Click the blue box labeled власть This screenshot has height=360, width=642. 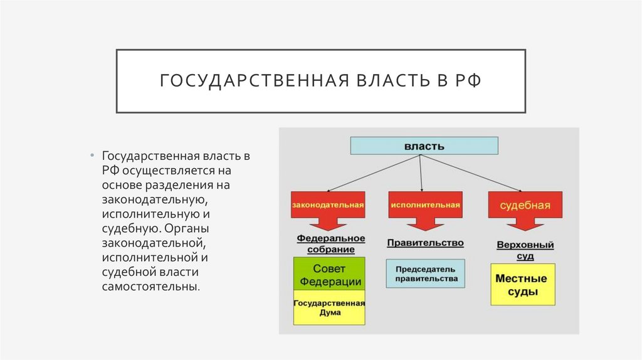pos(424,146)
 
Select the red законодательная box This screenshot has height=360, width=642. pos(328,205)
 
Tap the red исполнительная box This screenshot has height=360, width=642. pos(425,205)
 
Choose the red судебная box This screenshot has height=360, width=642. pos(525,205)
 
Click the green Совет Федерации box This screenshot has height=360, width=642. pos(329,274)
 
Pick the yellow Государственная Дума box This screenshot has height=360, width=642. pos(329,307)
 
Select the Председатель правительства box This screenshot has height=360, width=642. pos(425,273)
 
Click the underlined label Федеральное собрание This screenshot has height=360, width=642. pos(330,244)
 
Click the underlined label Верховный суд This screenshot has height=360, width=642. pos(525,251)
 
